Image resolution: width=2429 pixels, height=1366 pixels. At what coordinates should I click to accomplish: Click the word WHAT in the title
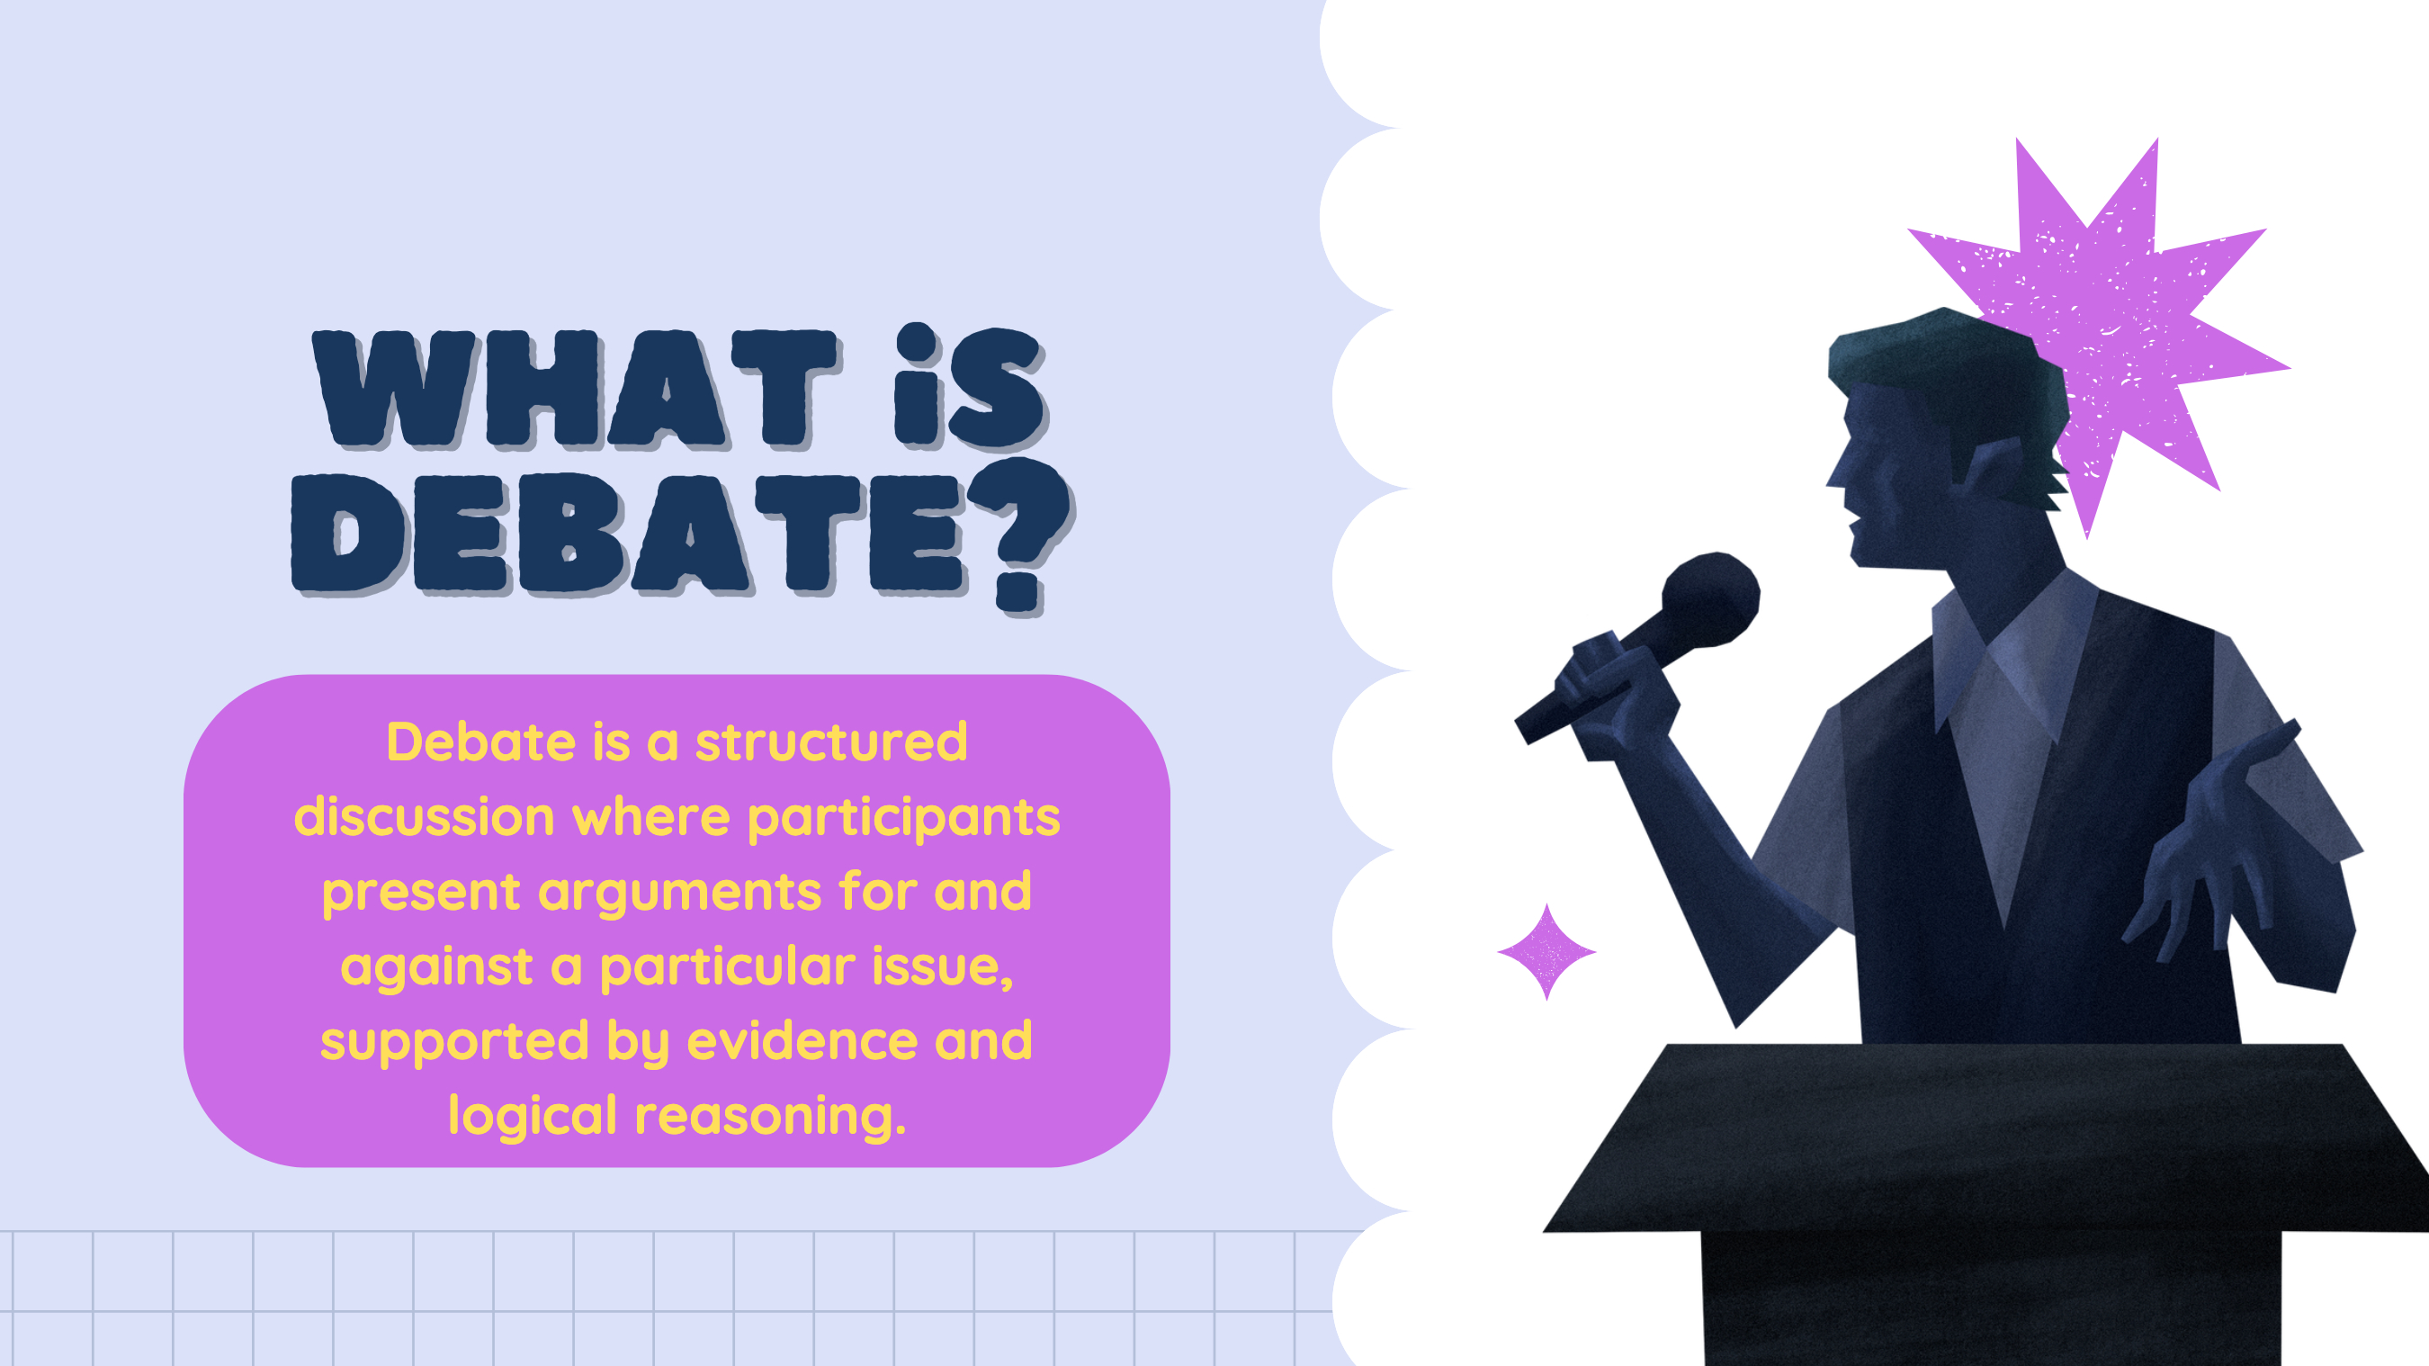coord(575,389)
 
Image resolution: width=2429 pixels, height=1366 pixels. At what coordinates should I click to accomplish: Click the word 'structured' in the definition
coord(830,742)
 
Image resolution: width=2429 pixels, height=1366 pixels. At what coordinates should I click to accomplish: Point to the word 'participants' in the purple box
coord(903,819)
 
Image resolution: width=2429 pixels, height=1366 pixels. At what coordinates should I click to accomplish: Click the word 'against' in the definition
coord(436,968)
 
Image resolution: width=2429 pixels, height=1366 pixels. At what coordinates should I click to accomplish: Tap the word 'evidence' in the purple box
coord(802,1040)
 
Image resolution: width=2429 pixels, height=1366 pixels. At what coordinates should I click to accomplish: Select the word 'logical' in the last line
coord(532,1115)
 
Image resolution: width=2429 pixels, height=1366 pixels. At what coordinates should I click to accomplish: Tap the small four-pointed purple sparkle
coord(1546,952)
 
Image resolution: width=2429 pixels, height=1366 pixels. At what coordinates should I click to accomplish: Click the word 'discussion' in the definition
coord(425,817)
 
